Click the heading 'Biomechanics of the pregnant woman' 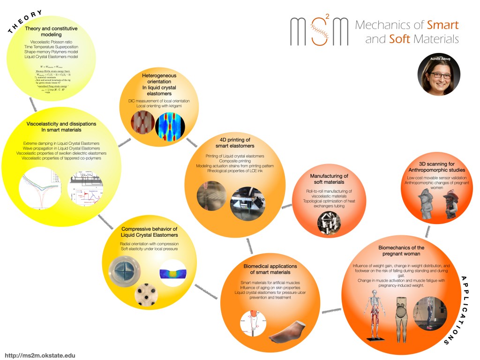point(401,250)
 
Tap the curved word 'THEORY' point(26,22)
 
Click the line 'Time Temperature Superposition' point(52,46)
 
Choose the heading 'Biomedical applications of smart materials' point(267,269)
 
